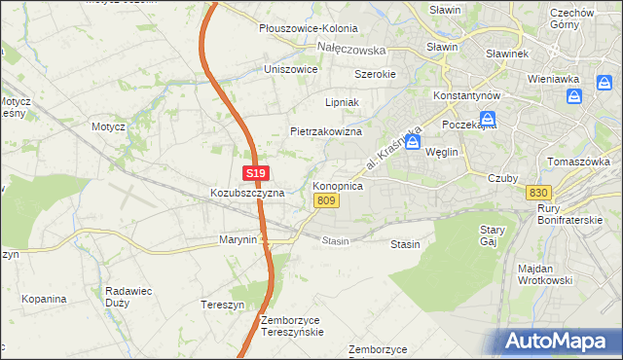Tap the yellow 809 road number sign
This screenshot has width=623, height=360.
327,200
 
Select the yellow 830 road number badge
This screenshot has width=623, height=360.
535,193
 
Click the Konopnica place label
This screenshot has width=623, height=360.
338,185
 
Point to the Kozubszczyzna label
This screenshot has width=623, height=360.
247,193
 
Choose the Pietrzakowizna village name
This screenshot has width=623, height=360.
326,131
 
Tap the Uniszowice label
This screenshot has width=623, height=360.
291,70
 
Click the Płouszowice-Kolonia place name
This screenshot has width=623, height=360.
309,29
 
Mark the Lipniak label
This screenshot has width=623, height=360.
343,101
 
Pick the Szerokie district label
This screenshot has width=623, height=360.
375,74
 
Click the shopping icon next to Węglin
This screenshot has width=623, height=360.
413,143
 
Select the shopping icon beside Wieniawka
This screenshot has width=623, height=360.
574,96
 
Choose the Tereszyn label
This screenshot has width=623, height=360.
221,303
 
